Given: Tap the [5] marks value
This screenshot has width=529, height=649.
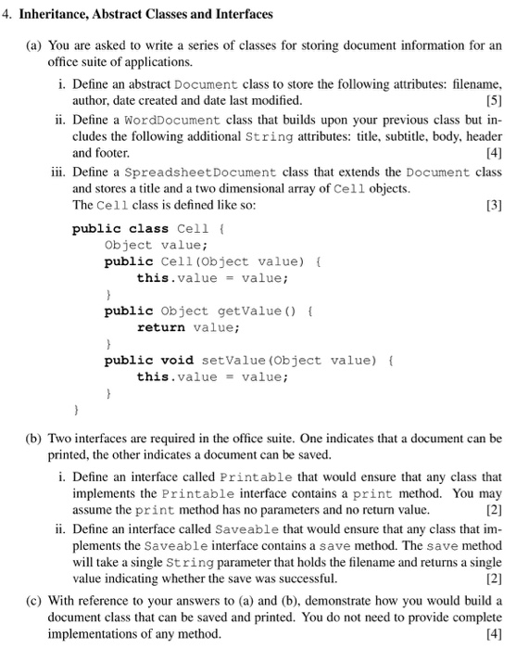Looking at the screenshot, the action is (x=493, y=99).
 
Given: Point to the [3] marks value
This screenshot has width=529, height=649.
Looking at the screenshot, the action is (x=493, y=205).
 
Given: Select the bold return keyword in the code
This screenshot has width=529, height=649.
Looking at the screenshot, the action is (x=160, y=326).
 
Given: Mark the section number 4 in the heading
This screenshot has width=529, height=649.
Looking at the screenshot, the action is (x=9, y=15).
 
